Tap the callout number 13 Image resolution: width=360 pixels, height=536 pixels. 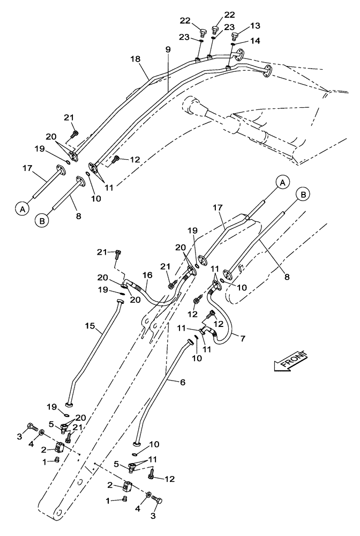(254, 26)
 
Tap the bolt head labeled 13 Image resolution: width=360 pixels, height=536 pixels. (235, 36)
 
